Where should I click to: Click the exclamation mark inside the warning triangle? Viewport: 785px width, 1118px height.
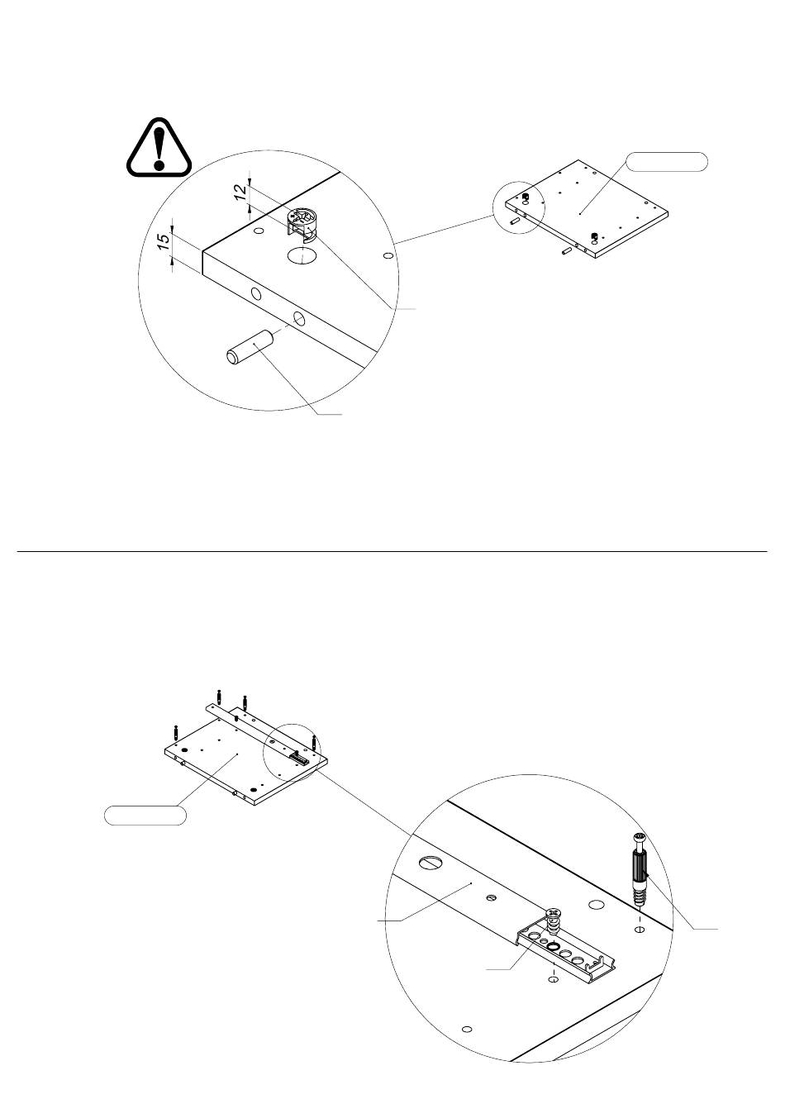(159, 148)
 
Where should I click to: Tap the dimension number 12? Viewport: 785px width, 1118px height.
(240, 191)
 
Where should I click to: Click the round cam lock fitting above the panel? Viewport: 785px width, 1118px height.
(302, 223)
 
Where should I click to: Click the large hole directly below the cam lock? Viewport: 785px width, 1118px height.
(302, 255)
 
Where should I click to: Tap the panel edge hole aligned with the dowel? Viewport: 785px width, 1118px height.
(299, 317)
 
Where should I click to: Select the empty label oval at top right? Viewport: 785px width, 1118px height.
(666, 162)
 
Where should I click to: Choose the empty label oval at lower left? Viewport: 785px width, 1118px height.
(145, 815)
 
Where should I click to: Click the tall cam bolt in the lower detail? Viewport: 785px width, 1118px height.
(639, 869)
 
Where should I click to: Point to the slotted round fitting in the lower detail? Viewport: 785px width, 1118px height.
(429, 862)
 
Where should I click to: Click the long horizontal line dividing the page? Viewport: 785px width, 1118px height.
(392, 551)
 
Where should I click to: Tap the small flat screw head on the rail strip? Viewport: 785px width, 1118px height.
(491, 898)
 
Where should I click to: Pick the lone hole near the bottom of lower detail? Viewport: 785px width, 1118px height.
(467, 1029)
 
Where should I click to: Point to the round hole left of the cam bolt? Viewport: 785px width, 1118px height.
(594, 904)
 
